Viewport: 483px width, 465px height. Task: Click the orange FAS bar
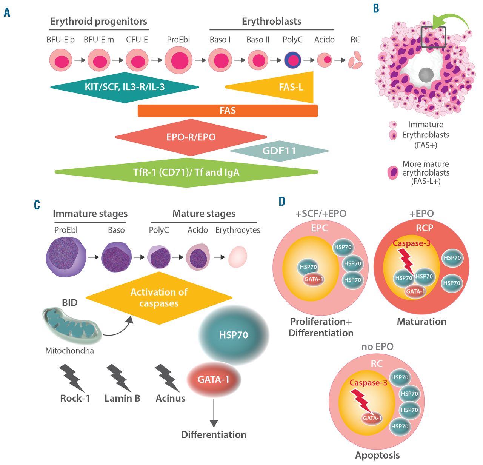tap(228, 111)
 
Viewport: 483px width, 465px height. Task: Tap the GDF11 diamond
tap(279, 151)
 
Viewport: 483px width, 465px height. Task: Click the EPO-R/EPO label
tap(191, 137)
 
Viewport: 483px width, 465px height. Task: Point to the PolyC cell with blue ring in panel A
tap(292, 60)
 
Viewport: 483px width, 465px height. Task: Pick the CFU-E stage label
tap(137, 40)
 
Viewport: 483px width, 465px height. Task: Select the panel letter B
tap(376, 8)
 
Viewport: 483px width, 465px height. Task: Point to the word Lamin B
tap(122, 398)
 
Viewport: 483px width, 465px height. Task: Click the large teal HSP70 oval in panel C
tap(234, 335)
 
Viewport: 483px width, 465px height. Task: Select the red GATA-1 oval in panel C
tap(214, 379)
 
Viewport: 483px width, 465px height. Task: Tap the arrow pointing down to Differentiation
tap(214, 413)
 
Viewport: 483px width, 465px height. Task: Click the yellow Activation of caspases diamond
tap(159, 298)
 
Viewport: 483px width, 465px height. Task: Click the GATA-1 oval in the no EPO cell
tap(372, 418)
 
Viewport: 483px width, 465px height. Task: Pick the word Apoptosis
tap(377, 455)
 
